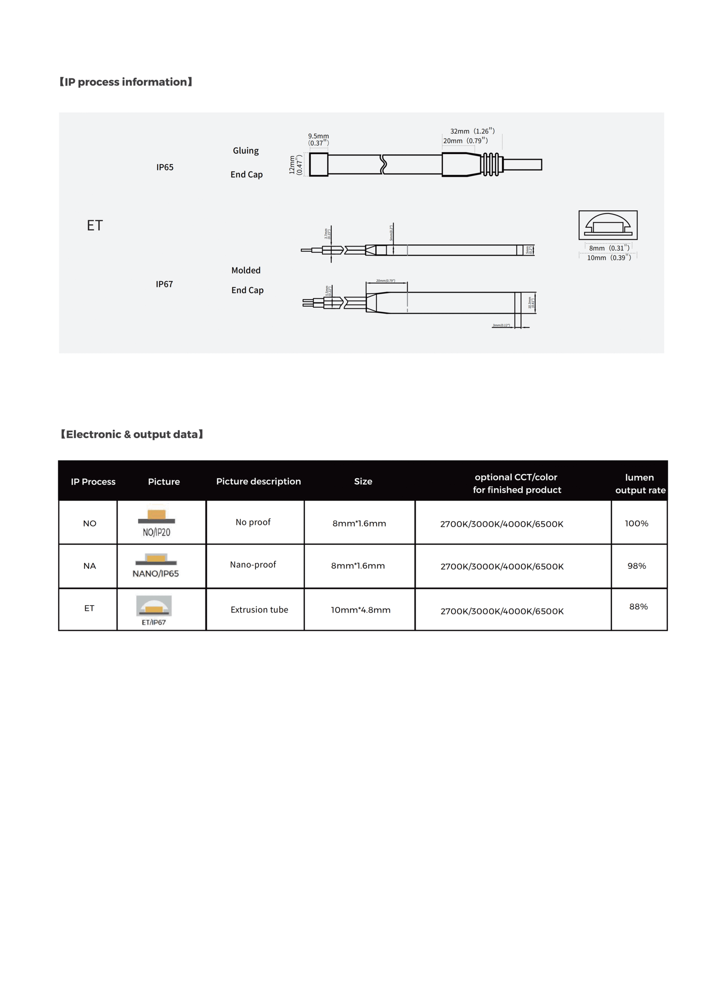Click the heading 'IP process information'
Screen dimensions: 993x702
[x=125, y=82]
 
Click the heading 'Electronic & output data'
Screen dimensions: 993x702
[x=132, y=434]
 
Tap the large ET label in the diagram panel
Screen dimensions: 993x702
[x=95, y=226]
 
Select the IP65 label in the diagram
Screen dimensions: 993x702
[x=165, y=167]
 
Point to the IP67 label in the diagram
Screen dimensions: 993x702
[x=164, y=284]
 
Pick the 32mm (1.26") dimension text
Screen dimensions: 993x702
[x=472, y=131]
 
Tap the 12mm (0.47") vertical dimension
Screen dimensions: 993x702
[x=296, y=165]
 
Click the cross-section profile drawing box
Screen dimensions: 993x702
[x=608, y=225]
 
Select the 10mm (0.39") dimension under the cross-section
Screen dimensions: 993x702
[x=609, y=258]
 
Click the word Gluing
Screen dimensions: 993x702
[x=246, y=151]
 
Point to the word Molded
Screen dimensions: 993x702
[x=246, y=270]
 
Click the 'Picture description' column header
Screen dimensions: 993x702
[x=258, y=481]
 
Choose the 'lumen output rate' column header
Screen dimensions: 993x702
[x=640, y=484]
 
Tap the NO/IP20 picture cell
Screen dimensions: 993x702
[x=156, y=523]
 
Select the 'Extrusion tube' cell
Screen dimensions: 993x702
[x=259, y=609]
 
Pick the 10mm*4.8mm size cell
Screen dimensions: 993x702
[x=360, y=610]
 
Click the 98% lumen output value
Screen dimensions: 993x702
[x=636, y=566]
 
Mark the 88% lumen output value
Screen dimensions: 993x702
[x=638, y=606]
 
